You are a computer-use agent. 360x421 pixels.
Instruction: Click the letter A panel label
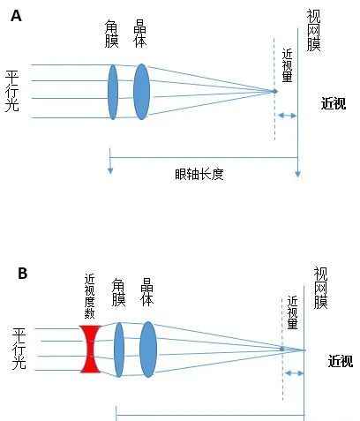pos(16,16)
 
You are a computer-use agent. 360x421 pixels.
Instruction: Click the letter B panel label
pos(23,274)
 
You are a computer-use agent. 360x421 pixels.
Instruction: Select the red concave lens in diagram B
pos(91,349)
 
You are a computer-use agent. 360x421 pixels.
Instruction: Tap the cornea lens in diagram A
pos(113,92)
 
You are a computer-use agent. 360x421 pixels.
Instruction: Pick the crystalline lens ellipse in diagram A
pos(141,92)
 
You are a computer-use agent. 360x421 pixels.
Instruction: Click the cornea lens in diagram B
pos(119,350)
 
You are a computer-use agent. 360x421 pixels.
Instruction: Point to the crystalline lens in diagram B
pos(148,350)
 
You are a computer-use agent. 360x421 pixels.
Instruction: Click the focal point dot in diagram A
pos(274,91)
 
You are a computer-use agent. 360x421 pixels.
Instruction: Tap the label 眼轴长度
pos(199,175)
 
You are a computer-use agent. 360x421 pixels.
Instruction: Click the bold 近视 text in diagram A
pos(334,103)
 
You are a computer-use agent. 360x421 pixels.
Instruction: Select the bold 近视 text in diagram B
pos(341,361)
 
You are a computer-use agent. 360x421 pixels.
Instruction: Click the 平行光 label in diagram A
pos(12,91)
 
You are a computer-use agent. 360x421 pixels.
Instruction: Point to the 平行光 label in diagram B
pos(19,349)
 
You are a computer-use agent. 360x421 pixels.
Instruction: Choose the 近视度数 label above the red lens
pos(89,297)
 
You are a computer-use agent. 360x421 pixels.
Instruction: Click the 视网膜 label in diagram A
pos(313,30)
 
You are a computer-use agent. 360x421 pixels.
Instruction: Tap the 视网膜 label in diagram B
pos(320,288)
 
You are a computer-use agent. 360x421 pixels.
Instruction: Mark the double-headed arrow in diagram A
pos(287,116)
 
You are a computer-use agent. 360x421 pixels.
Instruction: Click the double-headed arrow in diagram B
pos(294,373)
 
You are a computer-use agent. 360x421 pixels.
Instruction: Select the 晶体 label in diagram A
pos(140,34)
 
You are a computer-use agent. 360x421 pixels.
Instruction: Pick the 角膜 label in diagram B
pos(118,292)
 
